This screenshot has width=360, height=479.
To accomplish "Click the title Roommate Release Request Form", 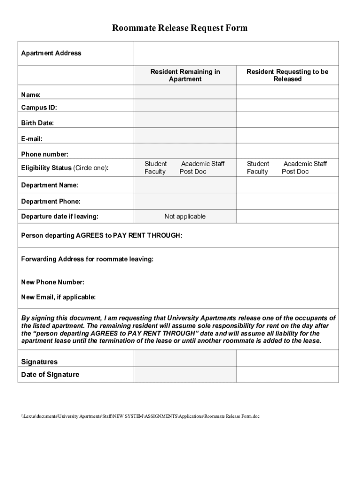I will pyautogui.click(x=180, y=29).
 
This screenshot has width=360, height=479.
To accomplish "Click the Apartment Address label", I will pyautogui.click(x=51, y=53).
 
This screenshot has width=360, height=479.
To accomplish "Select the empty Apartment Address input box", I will pyautogui.click(x=236, y=53).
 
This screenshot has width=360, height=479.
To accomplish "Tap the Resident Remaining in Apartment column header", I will pyautogui.click(x=185, y=75).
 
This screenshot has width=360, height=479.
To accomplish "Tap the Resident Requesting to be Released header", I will pyautogui.click(x=287, y=75).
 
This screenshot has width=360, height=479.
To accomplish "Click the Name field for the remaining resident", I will pyautogui.click(x=185, y=93).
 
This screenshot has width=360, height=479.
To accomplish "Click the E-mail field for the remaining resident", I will pyautogui.click(x=185, y=136).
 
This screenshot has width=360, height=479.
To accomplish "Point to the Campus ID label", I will pyautogui.click(x=39, y=108).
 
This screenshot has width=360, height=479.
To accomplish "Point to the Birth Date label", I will pyautogui.click(x=37, y=123).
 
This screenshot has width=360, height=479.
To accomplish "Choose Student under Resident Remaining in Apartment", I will pyautogui.click(x=155, y=164).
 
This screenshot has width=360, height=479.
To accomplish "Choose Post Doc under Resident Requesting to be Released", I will pyautogui.click(x=295, y=172).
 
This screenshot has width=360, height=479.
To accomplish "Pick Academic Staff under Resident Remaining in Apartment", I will pyautogui.click(x=202, y=164).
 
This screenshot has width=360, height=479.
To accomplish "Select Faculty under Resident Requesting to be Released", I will pyautogui.click(x=257, y=172).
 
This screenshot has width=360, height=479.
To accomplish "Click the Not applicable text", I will pyautogui.click(x=185, y=217).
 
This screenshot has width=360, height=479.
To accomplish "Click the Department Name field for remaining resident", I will pyautogui.click(x=185, y=185).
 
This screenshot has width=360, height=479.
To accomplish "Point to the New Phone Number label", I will pyautogui.click(x=52, y=282).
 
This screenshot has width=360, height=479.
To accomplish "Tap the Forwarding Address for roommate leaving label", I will pyautogui.click(x=87, y=259).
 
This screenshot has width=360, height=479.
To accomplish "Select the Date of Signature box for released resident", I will pyautogui.click(x=287, y=375).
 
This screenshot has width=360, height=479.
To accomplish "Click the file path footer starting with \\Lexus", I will pyautogui.click(x=140, y=416).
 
